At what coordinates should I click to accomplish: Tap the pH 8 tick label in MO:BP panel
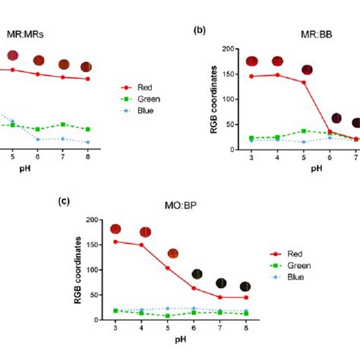point(245,327)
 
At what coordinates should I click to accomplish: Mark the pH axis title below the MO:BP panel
point(180,342)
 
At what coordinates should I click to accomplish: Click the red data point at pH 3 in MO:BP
point(115,242)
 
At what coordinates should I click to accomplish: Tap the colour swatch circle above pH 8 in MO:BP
point(245,286)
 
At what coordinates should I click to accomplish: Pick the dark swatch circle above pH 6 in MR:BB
point(335,118)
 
